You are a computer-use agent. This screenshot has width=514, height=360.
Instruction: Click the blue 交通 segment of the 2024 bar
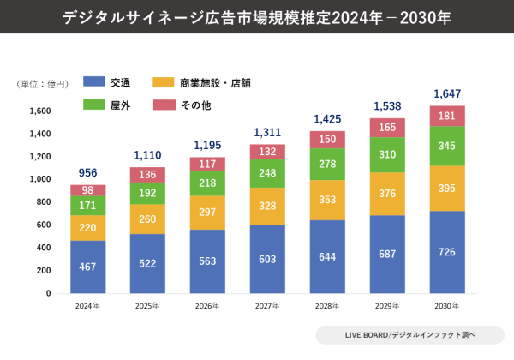(88, 267)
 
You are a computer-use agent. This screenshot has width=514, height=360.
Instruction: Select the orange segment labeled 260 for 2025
(148, 219)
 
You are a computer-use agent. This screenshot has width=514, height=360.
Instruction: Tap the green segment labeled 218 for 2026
(208, 183)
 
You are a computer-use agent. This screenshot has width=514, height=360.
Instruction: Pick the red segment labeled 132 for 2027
(268, 152)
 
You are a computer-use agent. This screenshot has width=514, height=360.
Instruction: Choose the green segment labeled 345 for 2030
(447, 146)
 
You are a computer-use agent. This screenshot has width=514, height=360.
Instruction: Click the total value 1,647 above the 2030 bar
(447, 93)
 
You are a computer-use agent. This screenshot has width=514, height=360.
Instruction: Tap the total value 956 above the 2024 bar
(88, 171)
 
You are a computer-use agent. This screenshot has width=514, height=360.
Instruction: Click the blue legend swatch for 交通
(93, 82)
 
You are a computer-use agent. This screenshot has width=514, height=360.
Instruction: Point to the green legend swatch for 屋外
(93, 105)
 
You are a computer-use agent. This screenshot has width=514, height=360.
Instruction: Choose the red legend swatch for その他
(164, 105)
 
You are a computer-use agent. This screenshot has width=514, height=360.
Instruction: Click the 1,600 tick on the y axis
(39, 111)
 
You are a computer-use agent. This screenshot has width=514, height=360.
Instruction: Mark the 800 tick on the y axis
(43, 202)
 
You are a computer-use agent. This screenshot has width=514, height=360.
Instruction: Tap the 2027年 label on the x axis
(268, 305)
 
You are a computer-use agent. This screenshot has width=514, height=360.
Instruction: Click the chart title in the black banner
(257, 17)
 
